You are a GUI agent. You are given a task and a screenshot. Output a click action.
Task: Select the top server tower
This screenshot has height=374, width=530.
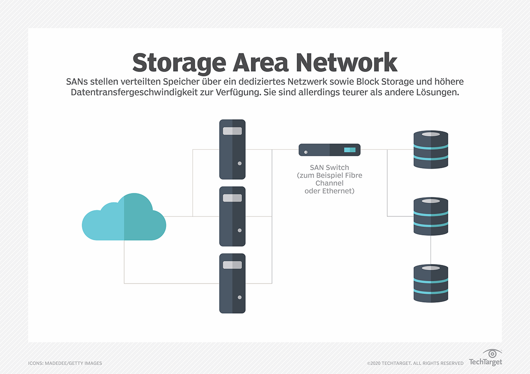(232, 149)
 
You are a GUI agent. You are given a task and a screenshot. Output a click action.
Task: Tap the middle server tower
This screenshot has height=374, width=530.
(232, 216)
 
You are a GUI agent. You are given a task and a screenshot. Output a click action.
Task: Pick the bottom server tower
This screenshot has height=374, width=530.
(232, 283)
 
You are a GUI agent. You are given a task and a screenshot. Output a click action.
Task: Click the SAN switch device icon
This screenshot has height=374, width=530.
(329, 150)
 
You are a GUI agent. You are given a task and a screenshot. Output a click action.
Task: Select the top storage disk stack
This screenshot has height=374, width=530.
(431, 149)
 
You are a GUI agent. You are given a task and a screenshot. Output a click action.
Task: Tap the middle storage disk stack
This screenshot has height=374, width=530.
(431, 216)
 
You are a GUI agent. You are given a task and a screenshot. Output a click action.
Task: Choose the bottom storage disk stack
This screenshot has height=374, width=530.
(431, 283)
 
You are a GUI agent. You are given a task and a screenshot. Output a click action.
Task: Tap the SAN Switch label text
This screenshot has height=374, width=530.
(329, 168)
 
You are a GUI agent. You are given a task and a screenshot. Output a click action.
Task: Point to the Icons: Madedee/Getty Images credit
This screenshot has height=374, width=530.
(65, 363)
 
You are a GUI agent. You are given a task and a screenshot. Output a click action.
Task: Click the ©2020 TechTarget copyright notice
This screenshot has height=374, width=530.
(415, 363)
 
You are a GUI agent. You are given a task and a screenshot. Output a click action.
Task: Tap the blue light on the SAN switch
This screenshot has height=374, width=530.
(350, 150)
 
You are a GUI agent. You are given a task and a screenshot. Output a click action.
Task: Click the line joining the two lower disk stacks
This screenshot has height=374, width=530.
(431, 250)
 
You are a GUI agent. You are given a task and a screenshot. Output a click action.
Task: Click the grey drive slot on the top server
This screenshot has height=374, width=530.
(232, 131)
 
